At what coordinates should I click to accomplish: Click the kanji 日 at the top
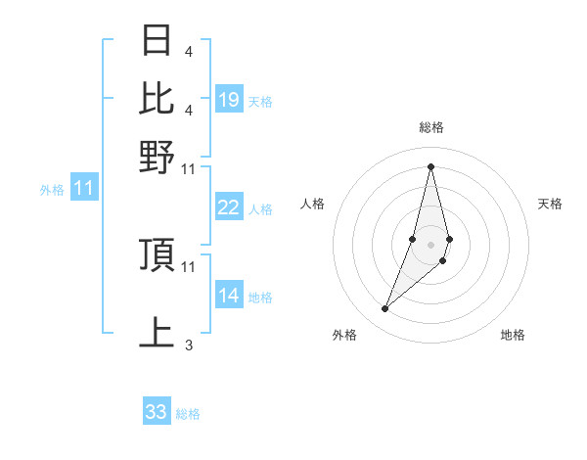(157, 41)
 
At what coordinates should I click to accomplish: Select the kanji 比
(157, 98)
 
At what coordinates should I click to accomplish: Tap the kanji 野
(157, 156)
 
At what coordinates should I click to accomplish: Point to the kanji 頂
(157, 254)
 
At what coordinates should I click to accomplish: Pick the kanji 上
(157, 332)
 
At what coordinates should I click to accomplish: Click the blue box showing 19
(229, 100)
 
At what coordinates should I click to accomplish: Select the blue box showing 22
(229, 207)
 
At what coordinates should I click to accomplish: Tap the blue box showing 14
(229, 296)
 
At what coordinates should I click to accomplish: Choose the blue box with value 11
(83, 189)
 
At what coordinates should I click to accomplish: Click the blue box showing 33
(157, 412)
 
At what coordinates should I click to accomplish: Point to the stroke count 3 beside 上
(188, 345)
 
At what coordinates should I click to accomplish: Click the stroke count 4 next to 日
(188, 51)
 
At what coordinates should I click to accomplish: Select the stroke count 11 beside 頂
(189, 266)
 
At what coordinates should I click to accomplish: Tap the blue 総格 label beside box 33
(188, 414)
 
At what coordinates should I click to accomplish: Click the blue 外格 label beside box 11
(51, 190)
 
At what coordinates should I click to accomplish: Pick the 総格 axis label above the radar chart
(431, 127)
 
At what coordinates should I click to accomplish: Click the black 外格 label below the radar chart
(344, 336)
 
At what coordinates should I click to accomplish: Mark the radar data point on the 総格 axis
(431, 166)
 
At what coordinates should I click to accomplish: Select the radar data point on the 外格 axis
(385, 309)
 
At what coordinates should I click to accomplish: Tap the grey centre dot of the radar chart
(431, 244)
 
